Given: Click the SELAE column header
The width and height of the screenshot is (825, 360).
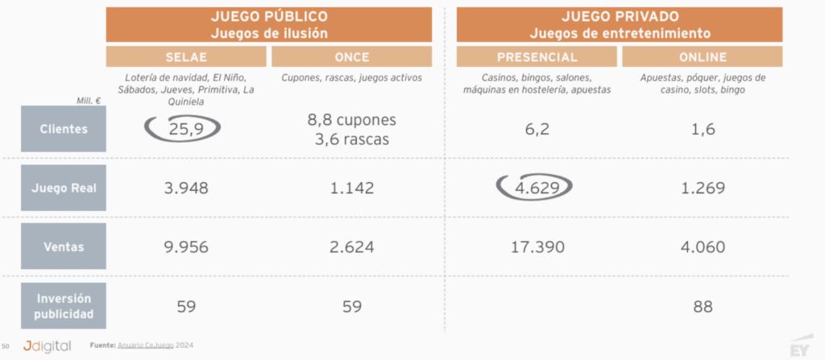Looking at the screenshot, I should click(x=185, y=57).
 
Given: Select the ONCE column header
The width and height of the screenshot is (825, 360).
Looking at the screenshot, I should click(x=351, y=57).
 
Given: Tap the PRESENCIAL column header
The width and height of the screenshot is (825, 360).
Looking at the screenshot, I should click(x=537, y=57).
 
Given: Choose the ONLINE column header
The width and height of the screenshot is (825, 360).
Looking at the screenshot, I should click(x=702, y=57).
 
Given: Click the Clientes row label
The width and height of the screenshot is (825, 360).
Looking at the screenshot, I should click(x=64, y=129).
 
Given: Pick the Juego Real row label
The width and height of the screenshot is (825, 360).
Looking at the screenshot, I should click(x=64, y=188).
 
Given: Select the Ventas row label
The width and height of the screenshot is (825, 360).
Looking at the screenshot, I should click(x=64, y=246).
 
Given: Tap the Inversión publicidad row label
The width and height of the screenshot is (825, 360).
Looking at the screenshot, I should click(x=64, y=306).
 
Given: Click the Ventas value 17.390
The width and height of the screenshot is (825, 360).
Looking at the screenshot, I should click(x=536, y=246).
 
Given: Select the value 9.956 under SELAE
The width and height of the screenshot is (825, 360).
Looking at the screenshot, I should click(x=185, y=246).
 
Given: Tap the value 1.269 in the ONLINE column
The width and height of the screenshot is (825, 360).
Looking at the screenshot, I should click(x=702, y=188).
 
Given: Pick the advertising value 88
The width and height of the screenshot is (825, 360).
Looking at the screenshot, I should click(x=702, y=306).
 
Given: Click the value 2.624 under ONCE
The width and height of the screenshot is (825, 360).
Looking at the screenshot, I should click(x=351, y=246).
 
